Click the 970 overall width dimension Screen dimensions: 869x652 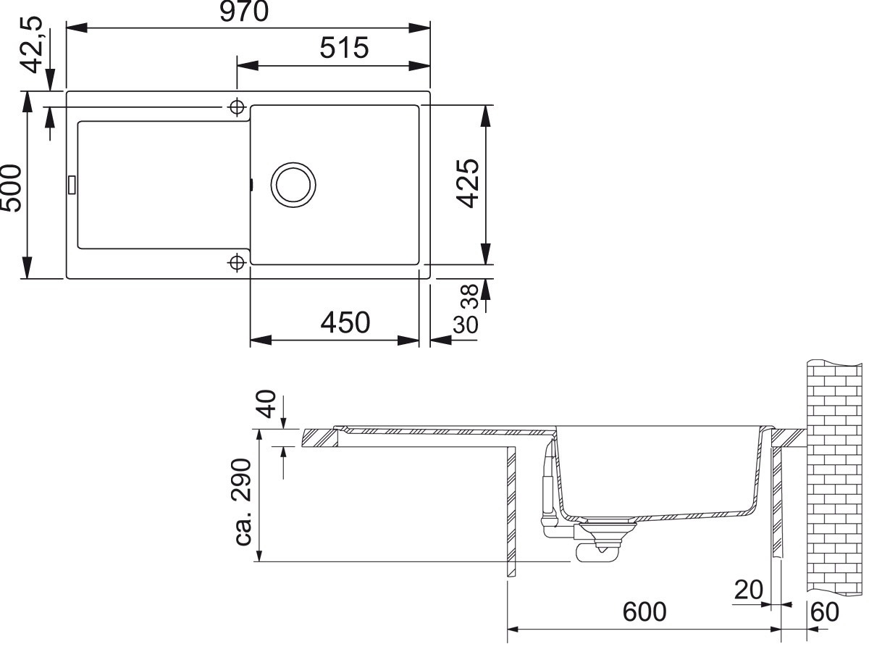[x=244, y=11]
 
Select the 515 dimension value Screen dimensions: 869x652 [x=344, y=48]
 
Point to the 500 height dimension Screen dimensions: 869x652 [x=11, y=188]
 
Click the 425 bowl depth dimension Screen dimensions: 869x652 [x=468, y=183]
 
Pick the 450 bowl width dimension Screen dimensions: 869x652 [x=345, y=322]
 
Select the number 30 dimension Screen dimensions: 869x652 [x=465, y=325]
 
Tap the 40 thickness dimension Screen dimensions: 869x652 [x=268, y=404]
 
